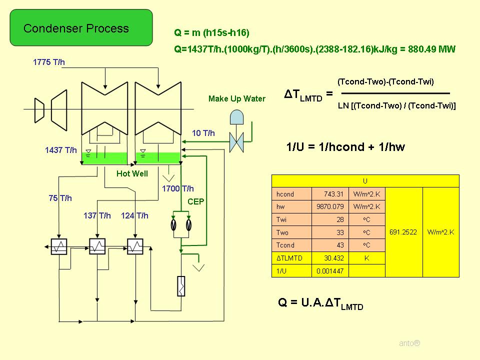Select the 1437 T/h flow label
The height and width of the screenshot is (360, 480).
(61, 150)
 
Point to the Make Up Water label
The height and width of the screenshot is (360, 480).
(236, 99)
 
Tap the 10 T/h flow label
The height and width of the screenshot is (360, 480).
(203, 133)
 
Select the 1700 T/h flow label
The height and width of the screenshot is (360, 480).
(177, 188)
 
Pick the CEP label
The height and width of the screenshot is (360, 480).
(195, 201)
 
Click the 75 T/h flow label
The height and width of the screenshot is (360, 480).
(60, 198)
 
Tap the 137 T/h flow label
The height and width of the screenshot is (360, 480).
(97, 216)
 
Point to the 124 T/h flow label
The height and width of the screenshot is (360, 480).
(134, 216)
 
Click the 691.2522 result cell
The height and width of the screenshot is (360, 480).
(404, 232)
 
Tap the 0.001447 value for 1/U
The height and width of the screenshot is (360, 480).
(330, 271)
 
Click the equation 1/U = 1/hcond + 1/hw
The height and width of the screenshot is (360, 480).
(345, 147)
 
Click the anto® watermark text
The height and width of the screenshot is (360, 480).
(409, 343)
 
